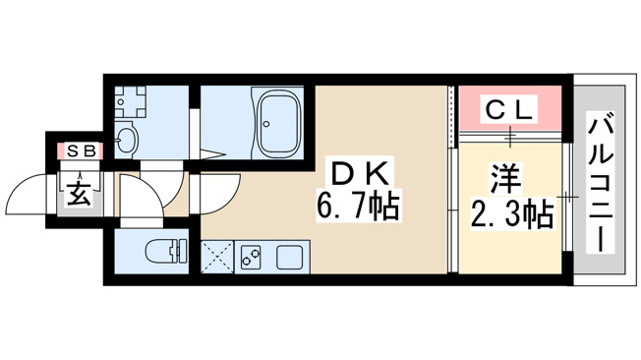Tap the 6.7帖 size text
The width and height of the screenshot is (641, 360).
pos(358,206)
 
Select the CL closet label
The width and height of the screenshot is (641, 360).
pos(510,109)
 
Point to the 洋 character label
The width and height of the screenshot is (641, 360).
pos(506,179)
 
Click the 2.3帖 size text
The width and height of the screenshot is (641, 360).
pos(512,213)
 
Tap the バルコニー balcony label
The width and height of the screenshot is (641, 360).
pos(601,182)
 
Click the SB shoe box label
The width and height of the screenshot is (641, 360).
pos(82,151)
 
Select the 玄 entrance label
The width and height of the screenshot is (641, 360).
pos(80,193)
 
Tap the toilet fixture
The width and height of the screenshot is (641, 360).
pos(166,251)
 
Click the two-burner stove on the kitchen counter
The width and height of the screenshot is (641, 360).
pos(251,257)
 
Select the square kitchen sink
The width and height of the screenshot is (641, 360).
pos(289,257)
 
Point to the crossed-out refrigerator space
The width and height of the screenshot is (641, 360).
pos(217,257)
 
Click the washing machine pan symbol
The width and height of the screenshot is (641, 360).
pos(130,101)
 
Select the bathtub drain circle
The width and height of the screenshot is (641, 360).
pos(266,124)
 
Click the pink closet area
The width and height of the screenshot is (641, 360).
pos(510,108)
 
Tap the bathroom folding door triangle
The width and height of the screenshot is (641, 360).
pos(212,155)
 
